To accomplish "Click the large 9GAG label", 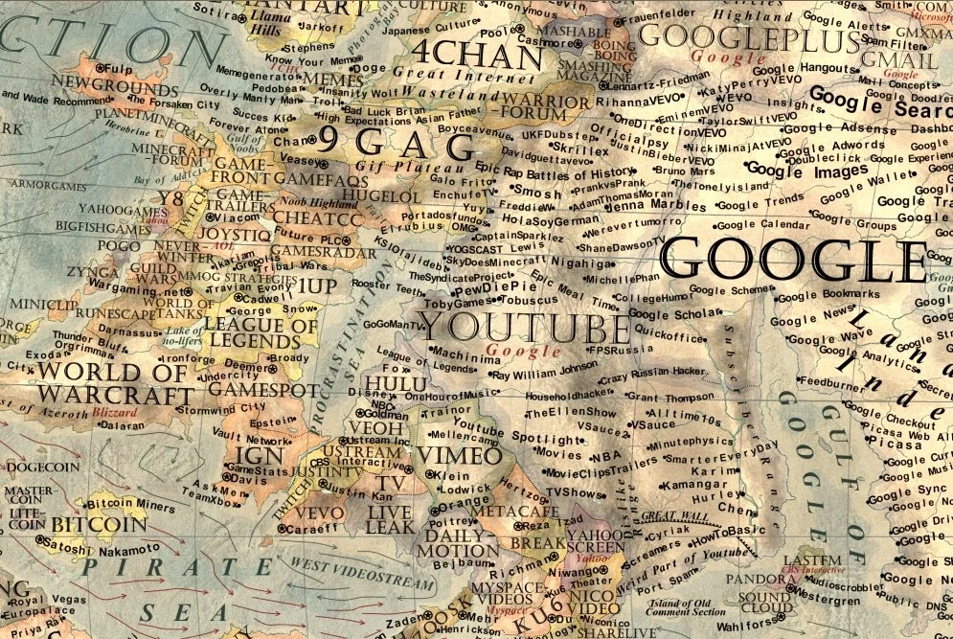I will click(x=395, y=145).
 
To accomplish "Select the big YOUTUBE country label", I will click(x=526, y=329).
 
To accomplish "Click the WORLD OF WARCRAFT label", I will click(x=114, y=382).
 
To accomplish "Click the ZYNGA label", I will click(x=92, y=272).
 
